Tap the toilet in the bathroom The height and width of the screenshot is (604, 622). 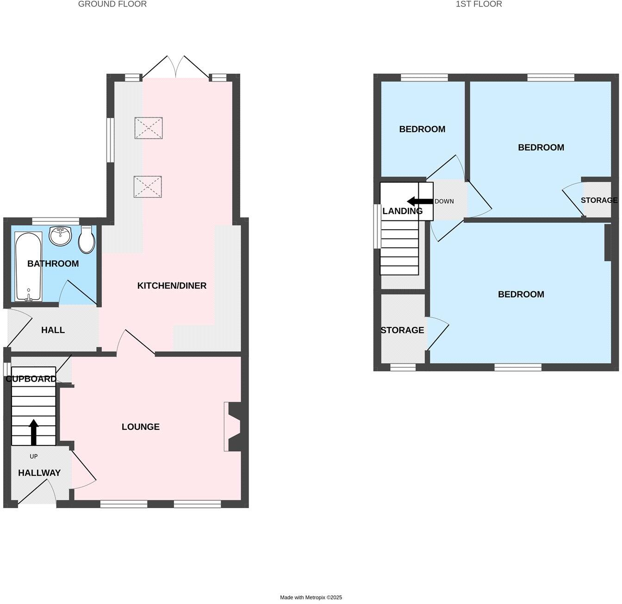click(x=87, y=239)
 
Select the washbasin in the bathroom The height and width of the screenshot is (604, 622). click(x=60, y=236)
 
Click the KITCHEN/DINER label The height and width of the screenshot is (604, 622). click(x=172, y=286)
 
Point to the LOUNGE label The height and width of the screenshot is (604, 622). click(x=141, y=427)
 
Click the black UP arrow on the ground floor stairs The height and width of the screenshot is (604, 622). click(x=33, y=432)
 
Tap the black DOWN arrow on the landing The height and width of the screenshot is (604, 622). click(x=419, y=201)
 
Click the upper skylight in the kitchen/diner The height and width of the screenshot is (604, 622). click(x=148, y=128)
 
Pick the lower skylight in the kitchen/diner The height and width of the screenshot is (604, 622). click(x=148, y=187)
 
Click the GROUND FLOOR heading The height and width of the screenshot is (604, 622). click(x=112, y=4)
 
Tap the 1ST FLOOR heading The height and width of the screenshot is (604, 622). click(x=479, y=4)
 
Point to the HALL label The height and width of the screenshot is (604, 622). click(x=53, y=330)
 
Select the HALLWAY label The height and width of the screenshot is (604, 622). click(x=39, y=473)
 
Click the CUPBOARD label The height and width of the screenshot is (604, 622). click(x=31, y=379)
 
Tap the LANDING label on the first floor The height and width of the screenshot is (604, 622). click(x=402, y=211)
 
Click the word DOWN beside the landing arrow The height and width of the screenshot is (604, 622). click(x=444, y=201)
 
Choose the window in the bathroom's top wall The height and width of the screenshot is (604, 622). click(x=55, y=221)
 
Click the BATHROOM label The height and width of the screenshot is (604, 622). click(x=53, y=264)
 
